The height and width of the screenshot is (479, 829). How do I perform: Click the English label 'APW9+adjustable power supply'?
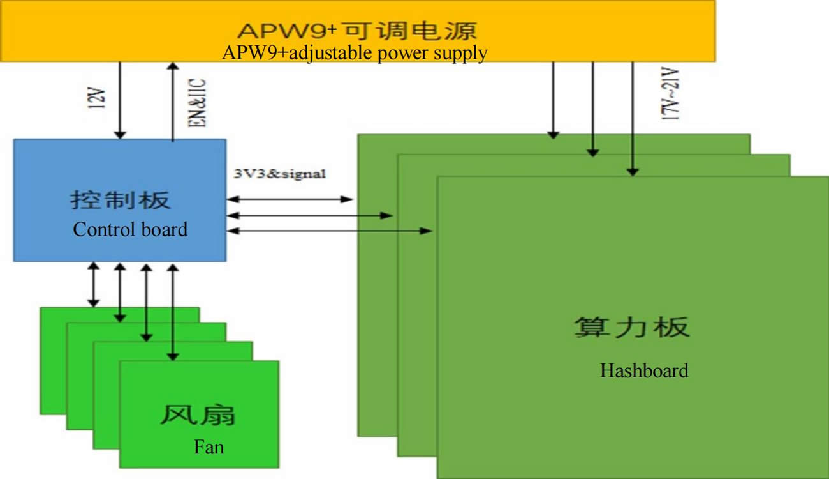click(x=355, y=52)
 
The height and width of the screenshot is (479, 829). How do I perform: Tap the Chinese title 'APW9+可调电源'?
click(x=357, y=31)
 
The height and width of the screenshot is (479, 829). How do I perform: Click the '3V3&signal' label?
click(x=280, y=173)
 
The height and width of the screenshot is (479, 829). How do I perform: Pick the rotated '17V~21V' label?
click(x=671, y=95)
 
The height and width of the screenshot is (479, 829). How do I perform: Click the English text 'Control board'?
click(x=130, y=229)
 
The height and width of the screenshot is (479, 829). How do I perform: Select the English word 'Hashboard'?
click(x=644, y=370)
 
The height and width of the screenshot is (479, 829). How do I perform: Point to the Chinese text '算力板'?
click(x=631, y=328)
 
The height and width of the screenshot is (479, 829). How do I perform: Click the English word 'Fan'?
click(x=209, y=446)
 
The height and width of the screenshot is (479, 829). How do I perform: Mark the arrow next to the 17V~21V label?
click(x=633, y=118)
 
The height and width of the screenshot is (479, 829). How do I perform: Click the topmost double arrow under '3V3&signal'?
click(x=290, y=199)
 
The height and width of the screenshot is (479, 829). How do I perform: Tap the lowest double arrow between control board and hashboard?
click(x=329, y=231)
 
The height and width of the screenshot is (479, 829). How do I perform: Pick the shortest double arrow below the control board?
click(x=94, y=284)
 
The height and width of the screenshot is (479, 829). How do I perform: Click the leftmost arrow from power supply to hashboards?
click(x=554, y=100)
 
